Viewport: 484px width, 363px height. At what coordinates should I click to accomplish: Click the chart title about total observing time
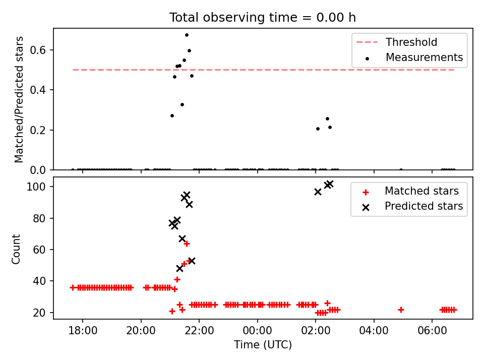tap(262, 18)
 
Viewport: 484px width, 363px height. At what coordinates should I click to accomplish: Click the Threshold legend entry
tap(411, 42)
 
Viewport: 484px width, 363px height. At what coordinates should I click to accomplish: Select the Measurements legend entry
tap(424, 57)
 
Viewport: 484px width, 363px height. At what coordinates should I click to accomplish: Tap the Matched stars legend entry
tap(421, 191)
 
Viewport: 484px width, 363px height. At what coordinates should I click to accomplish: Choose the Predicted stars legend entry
tap(423, 206)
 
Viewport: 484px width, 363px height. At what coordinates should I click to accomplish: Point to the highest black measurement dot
tap(187, 35)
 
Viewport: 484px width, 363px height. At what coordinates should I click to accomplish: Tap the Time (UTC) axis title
tap(263, 345)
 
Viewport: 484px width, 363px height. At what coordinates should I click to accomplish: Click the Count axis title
tap(16, 249)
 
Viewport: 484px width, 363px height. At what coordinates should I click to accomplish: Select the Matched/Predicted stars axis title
tap(19, 99)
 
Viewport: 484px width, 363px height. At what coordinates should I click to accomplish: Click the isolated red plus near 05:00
tap(401, 310)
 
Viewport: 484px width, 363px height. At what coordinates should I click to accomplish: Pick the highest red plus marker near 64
tap(187, 244)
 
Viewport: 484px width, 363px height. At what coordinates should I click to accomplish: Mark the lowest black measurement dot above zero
tap(318, 129)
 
